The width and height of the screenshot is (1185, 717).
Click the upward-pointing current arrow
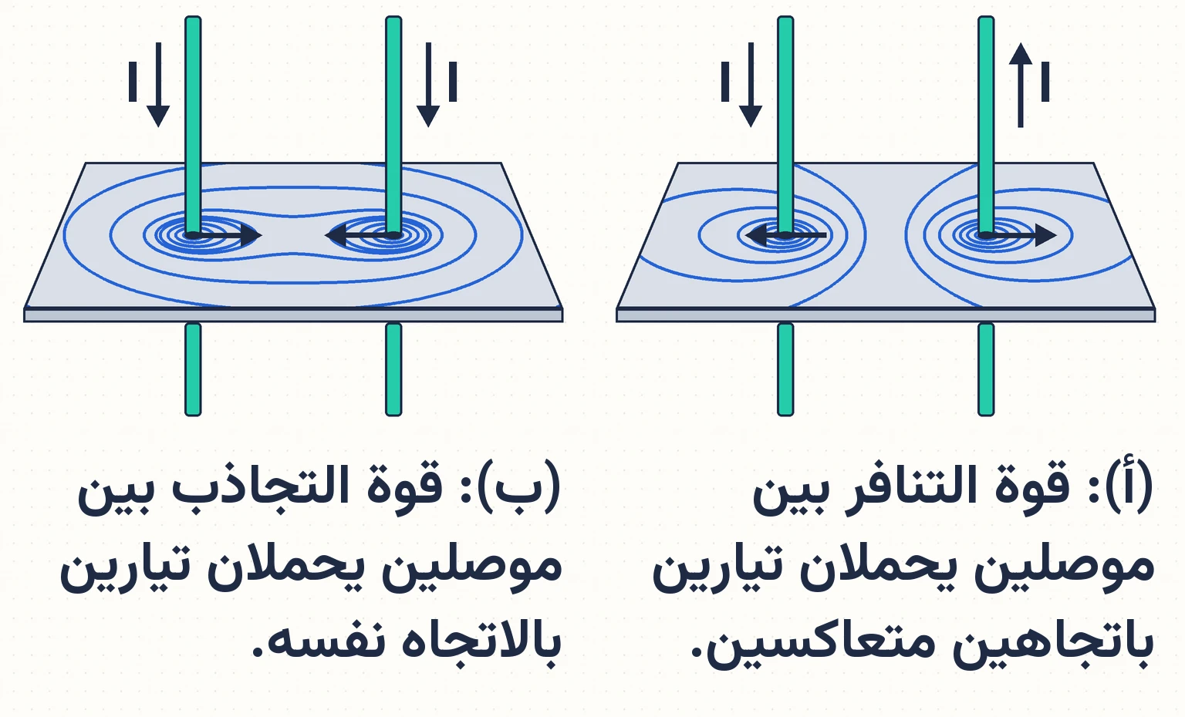click(1021, 85)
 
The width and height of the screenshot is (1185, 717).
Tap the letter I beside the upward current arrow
click(1045, 82)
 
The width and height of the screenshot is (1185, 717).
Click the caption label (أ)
click(1136, 484)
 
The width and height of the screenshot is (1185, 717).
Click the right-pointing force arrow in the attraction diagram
click(224, 235)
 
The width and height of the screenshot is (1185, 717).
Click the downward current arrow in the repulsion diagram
click(750, 85)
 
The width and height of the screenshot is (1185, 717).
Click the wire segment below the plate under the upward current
click(986, 369)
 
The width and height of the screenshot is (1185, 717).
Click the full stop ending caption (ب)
click(258, 651)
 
